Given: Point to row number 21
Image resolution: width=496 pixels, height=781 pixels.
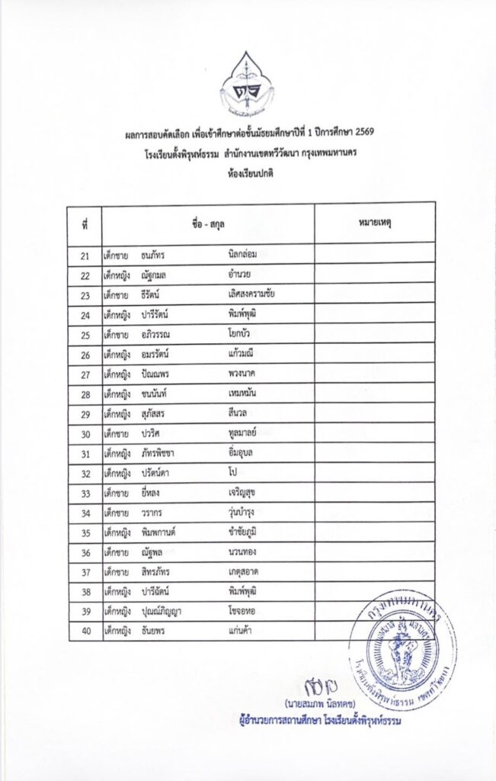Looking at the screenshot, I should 85,255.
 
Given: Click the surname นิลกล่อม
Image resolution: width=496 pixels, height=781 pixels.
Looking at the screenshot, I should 244,255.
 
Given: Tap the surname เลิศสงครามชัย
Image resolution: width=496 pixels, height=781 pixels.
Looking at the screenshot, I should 251,294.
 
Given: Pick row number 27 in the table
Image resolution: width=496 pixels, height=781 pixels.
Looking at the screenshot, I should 85,374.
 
